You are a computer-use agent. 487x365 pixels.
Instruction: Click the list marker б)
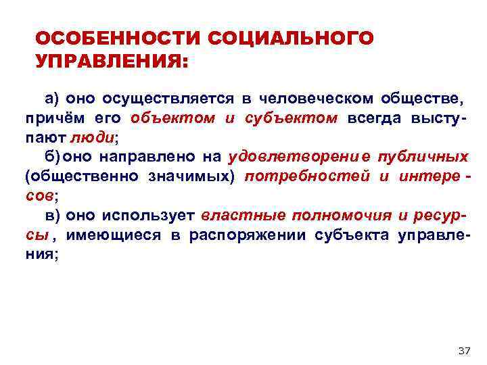pos(53,157)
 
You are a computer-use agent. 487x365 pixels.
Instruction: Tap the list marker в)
pos(53,216)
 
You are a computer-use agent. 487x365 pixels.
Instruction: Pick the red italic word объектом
pos(173,118)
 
